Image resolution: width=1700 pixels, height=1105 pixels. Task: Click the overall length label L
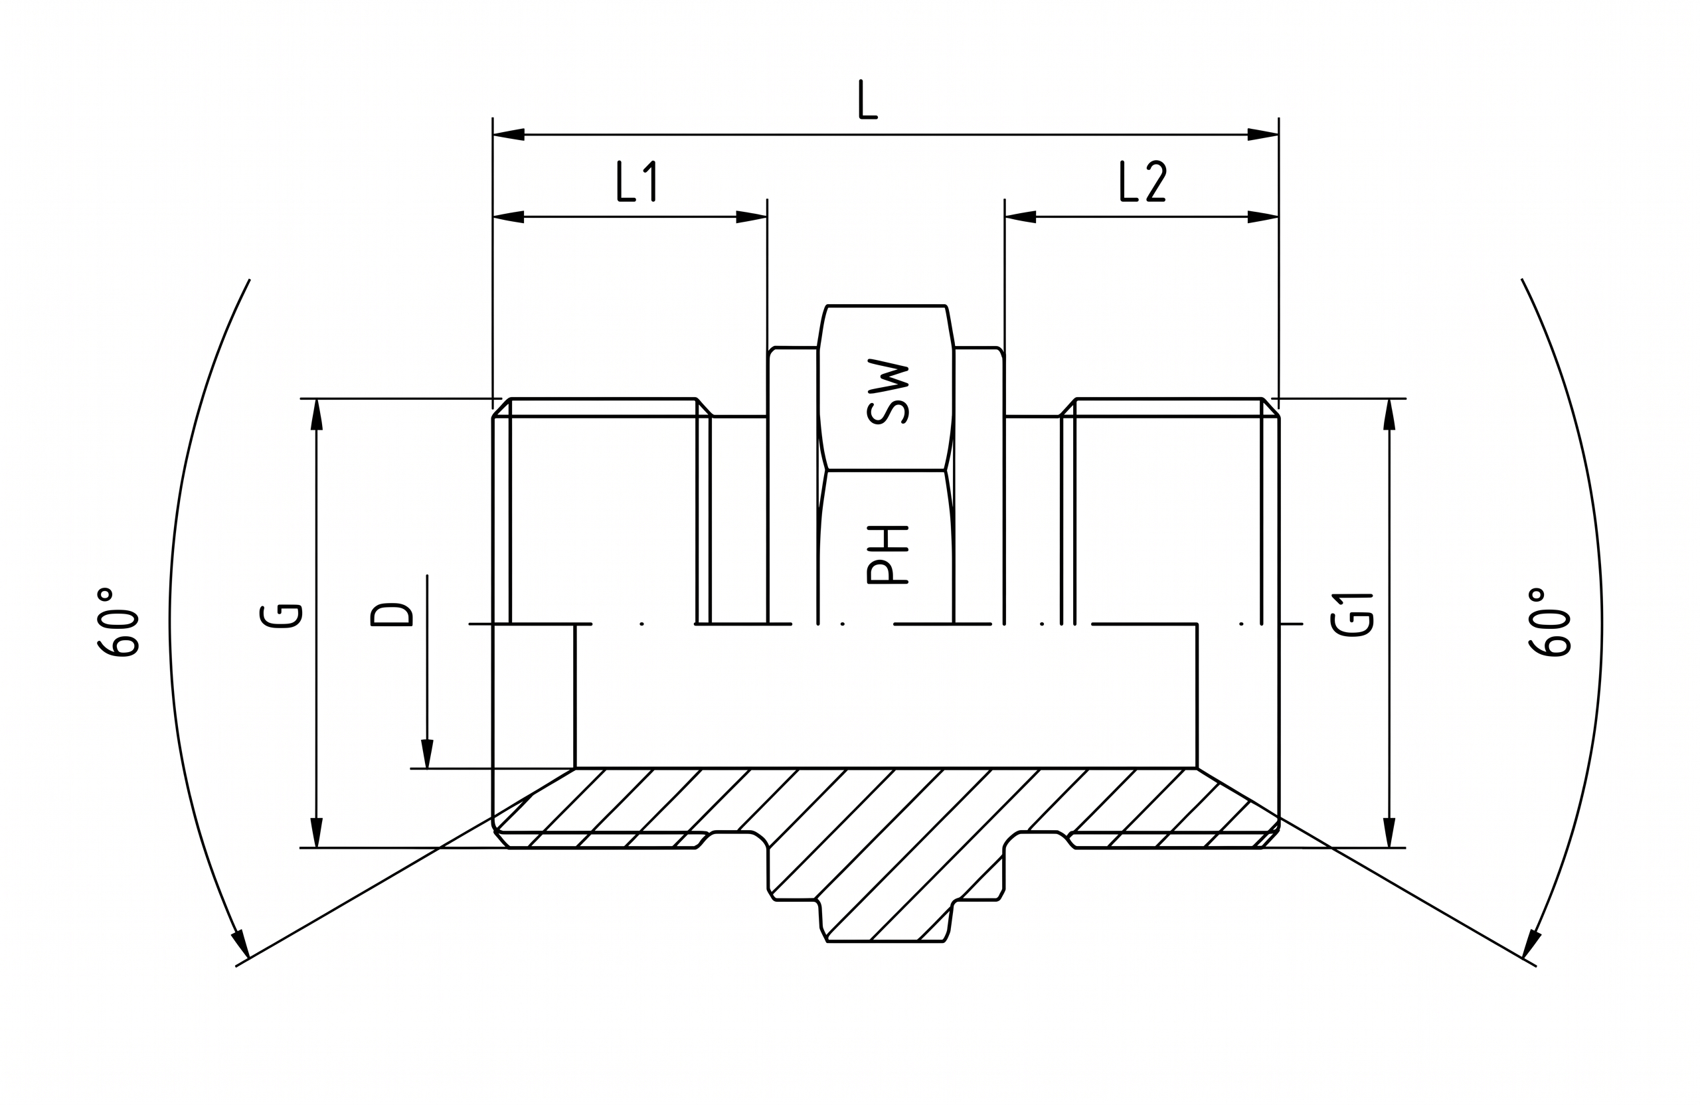pos(868,100)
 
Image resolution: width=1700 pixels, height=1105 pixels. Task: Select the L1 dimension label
pos(636,181)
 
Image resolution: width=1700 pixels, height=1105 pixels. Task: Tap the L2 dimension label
pos(1143,181)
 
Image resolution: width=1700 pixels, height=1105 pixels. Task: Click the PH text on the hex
pos(888,555)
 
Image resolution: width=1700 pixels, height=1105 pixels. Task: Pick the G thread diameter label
pos(282,616)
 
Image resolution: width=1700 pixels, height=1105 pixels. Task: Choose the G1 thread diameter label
pos(1352,615)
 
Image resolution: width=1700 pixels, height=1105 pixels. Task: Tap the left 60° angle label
pos(118,622)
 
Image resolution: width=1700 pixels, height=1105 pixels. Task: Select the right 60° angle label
pos(1549,622)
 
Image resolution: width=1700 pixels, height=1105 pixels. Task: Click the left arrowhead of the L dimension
pos(509,134)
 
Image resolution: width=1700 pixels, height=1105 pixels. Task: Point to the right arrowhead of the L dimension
pos(1263,134)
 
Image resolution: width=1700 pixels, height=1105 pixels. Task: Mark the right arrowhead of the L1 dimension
pos(752,216)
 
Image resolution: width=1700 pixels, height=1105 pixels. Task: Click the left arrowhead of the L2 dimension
pos(1020,216)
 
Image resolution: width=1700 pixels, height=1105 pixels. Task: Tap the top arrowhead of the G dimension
pos(317,414)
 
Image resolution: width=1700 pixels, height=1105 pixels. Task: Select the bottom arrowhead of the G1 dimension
pos(1389,832)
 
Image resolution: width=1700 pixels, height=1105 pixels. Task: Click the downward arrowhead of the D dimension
pos(427,754)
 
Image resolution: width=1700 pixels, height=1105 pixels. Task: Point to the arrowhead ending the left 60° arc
pos(240,944)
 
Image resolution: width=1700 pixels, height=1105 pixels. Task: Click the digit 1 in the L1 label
pos(650,181)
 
